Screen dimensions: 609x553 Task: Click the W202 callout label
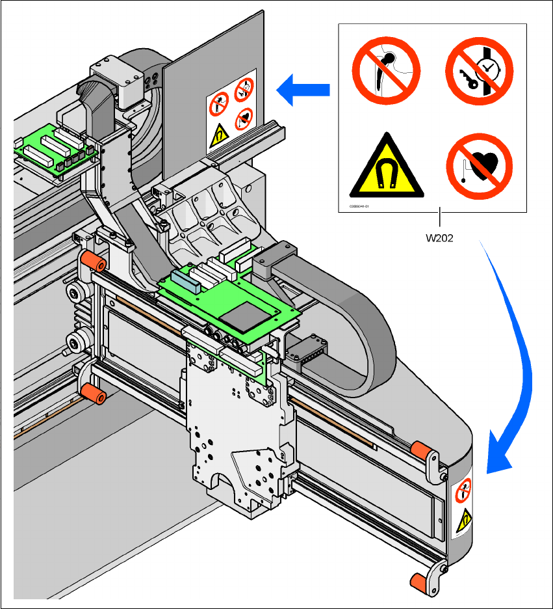(x=439, y=237)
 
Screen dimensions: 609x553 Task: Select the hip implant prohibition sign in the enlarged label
(x=387, y=69)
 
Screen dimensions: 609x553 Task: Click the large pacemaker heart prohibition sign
(x=478, y=165)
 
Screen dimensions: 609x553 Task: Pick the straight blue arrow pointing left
(x=303, y=90)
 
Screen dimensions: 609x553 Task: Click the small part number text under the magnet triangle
(x=359, y=206)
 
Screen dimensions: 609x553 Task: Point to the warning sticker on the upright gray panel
(x=231, y=111)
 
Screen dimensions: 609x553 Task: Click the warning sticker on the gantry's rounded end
(x=462, y=507)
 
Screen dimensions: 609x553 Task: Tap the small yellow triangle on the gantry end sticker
(x=464, y=520)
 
